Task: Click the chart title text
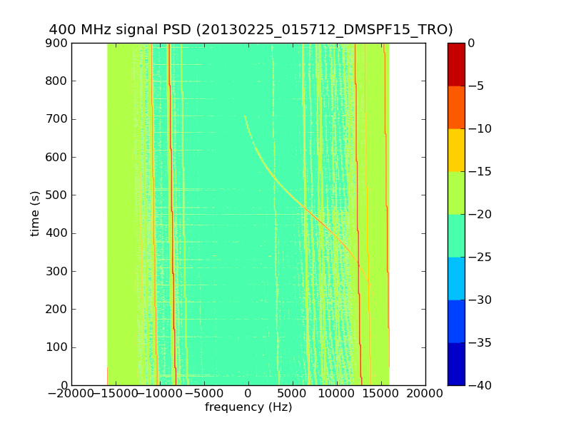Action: [x=251, y=30]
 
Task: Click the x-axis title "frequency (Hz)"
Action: [x=248, y=407]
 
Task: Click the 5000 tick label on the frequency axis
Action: [x=293, y=394]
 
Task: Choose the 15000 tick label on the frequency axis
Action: [x=381, y=394]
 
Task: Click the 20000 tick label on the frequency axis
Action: [x=425, y=394]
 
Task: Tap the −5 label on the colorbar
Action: [x=479, y=86]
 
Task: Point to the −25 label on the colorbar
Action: [x=481, y=258]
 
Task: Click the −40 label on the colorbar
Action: [x=481, y=385]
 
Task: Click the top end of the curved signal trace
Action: [x=245, y=116]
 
